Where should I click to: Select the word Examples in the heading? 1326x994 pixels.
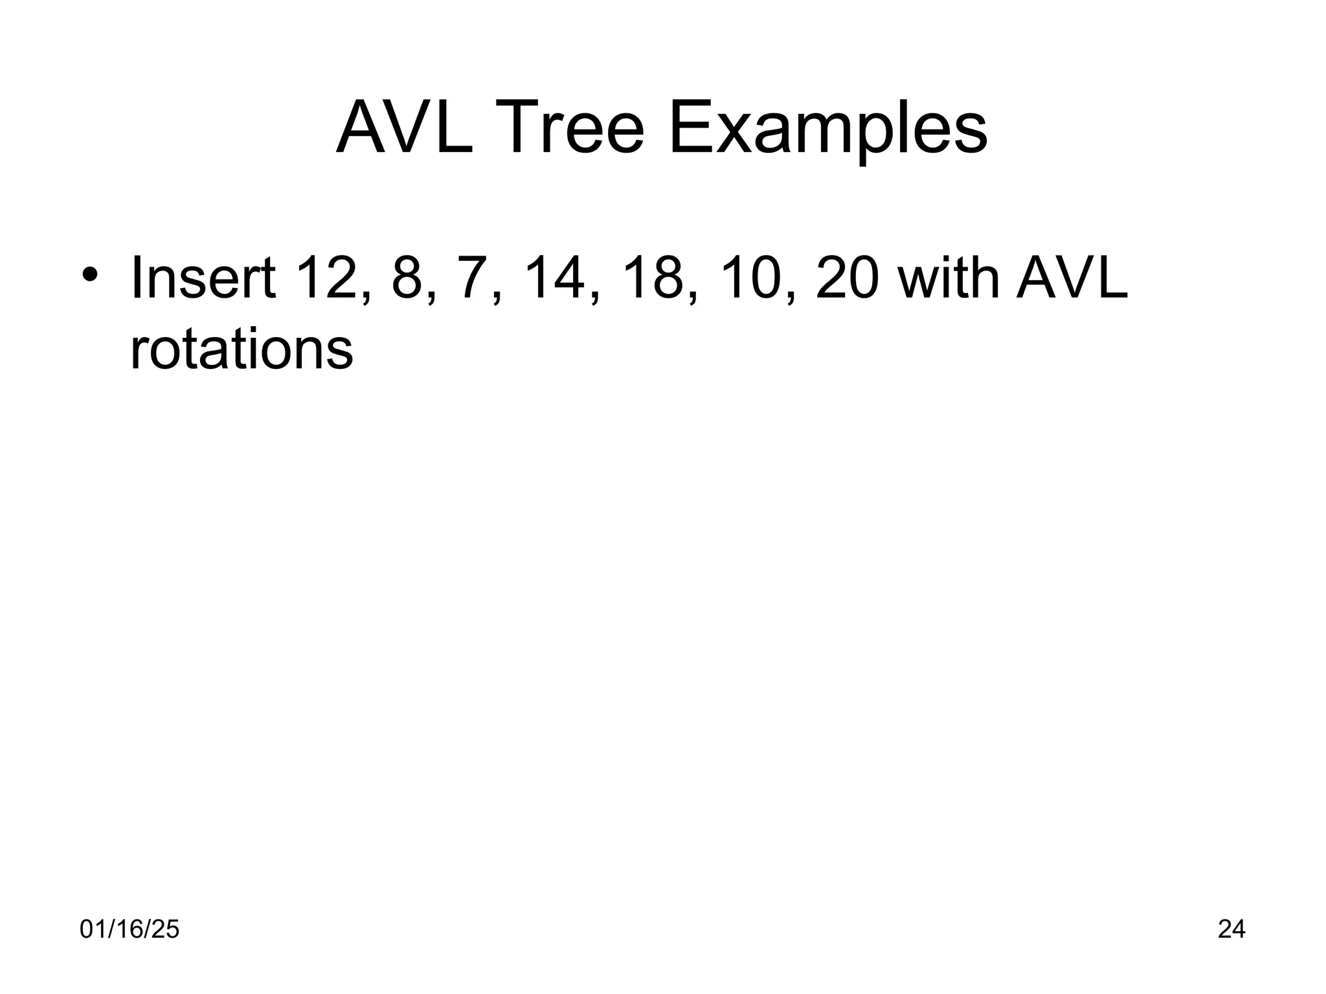click(x=828, y=129)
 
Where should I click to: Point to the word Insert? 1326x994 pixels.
click(x=203, y=279)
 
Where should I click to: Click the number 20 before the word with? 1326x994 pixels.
click(x=849, y=279)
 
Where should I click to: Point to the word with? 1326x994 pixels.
click(x=947, y=279)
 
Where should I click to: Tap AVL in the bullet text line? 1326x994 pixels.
click(x=1072, y=279)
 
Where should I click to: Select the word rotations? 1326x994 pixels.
click(x=242, y=349)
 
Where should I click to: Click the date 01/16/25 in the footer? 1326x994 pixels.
click(x=129, y=929)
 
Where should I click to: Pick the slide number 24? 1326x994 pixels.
click(x=1231, y=929)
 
